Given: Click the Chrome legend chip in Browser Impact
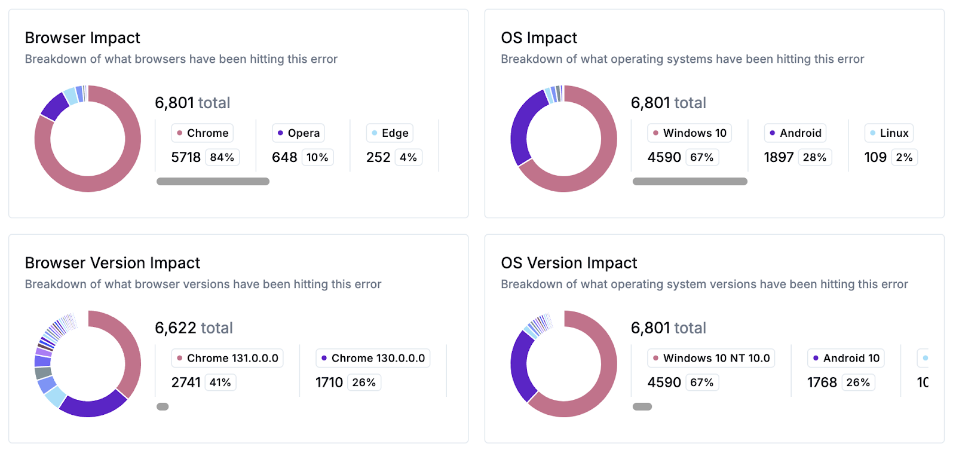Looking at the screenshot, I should pyautogui.click(x=202, y=133).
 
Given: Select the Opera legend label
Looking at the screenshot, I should pyautogui.click(x=298, y=133).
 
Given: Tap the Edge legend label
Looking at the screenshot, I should pyautogui.click(x=390, y=133).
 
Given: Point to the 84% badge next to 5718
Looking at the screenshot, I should pyautogui.click(x=222, y=158).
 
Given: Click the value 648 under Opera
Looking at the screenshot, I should pyautogui.click(x=284, y=158).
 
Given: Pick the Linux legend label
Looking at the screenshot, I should pyautogui.click(x=888, y=133).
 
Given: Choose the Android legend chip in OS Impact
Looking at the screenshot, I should pyautogui.click(x=795, y=133).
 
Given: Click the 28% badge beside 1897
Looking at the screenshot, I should pyautogui.click(x=814, y=158).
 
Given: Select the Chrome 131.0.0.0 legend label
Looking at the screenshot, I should pyautogui.click(x=227, y=359).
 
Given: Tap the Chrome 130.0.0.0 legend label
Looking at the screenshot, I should pyautogui.click(x=372, y=359).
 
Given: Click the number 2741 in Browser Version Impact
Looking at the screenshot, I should pyautogui.click(x=186, y=382).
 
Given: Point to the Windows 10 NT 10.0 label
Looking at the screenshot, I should pyautogui.click(x=710, y=359).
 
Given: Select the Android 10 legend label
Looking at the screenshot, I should pyautogui.click(x=845, y=359).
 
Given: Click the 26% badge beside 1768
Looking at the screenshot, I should pyautogui.click(x=858, y=382).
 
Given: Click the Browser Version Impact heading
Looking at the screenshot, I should pyautogui.click(x=112, y=263).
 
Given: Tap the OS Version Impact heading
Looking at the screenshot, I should pyautogui.click(x=569, y=263).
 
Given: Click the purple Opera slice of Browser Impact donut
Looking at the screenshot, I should pyautogui.click(x=54, y=106).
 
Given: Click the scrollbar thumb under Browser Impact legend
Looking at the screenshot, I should pyautogui.click(x=213, y=182).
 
